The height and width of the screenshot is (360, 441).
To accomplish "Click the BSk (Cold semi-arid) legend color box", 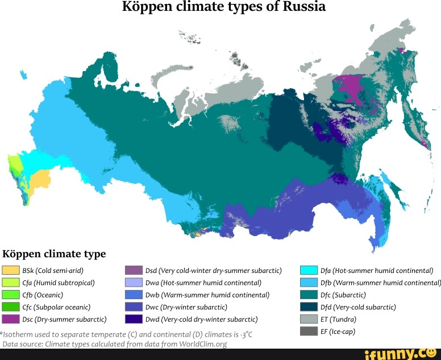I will tap(11, 270).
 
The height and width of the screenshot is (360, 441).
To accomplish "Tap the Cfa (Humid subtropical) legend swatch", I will tap(11, 282).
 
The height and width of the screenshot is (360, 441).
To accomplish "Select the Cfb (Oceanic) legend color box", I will tap(11, 295).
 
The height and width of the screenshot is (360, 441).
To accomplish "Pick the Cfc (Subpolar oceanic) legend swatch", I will tap(11, 307).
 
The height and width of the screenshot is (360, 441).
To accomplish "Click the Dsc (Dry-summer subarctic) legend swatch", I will tap(11, 319).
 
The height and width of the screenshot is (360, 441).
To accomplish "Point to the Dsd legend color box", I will tap(134, 270).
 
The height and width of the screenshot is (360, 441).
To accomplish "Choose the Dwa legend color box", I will tap(134, 282).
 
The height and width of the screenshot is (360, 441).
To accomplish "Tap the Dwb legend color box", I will tap(134, 295).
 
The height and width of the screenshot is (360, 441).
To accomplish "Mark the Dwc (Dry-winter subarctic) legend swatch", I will tap(134, 307).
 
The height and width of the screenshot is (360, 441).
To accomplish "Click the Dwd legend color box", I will tap(134, 319).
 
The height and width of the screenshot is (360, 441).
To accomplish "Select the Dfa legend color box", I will tap(309, 270).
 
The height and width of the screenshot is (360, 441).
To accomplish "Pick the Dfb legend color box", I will tap(309, 282).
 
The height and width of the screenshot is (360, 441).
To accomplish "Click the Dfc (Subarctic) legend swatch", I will tap(309, 295).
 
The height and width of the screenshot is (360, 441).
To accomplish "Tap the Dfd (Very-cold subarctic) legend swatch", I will tap(309, 307).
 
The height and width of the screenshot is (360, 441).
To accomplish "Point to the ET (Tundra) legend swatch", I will tap(309, 319).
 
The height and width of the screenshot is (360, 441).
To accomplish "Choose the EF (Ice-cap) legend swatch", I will tap(309, 331).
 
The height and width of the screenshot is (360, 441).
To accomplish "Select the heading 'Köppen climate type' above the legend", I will tap(55, 254).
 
